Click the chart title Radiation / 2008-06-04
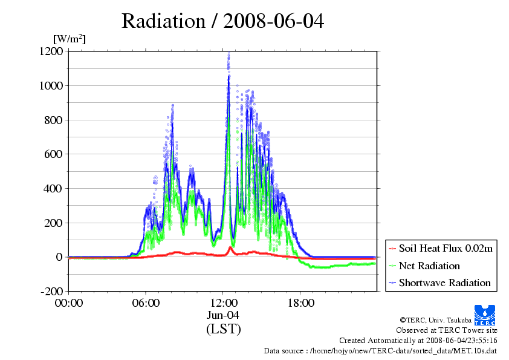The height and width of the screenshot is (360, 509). (x=222, y=21)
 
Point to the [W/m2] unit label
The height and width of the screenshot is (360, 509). (x=70, y=39)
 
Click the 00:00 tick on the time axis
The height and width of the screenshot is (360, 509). (x=68, y=303)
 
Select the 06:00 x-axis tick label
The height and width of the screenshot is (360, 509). (x=146, y=303)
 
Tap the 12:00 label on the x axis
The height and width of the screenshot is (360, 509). (x=223, y=303)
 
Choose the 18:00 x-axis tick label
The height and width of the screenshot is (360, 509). (x=300, y=303)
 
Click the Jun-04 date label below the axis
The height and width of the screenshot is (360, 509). (x=223, y=315)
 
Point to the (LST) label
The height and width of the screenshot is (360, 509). (x=223, y=330)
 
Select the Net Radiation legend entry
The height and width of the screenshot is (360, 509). (x=429, y=266)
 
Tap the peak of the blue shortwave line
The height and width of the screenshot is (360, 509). (x=229, y=76)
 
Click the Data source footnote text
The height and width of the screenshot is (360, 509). (x=380, y=350)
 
